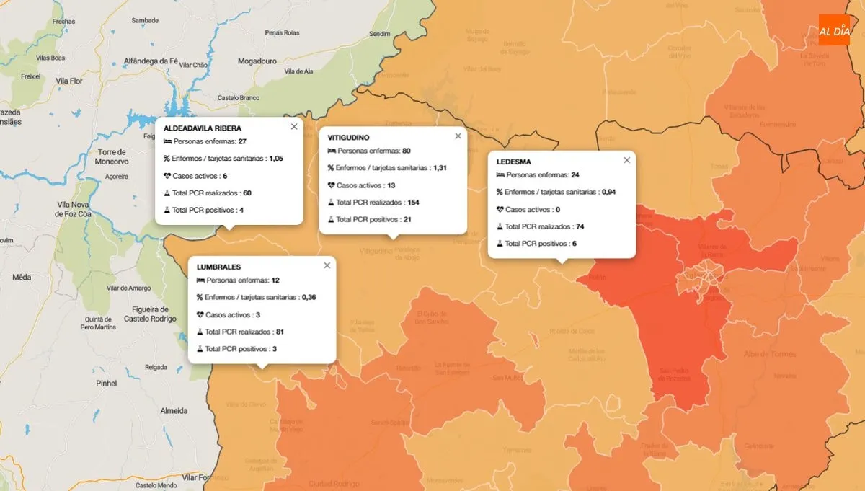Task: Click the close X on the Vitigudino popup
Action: pyautogui.click(x=458, y=136)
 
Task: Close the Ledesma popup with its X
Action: pyautogui.click(x=626, y=160)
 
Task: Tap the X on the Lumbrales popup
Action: pyautogui.click(x=327, y=265)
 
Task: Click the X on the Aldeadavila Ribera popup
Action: pyautogui.click(x=293, y=126)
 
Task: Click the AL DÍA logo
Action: pyautogui.click(x=834, y=30)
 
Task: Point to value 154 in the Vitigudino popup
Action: pyautogui.click(x=413, y=203)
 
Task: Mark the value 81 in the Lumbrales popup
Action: pyautogui.click(x=281, y=332)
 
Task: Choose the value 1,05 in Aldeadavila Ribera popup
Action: pyautogui.click(x=276, y=159)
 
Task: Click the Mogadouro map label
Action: pyautogui.click(x=257, y=61)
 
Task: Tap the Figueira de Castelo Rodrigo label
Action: pyautogui.click(x=150, y=314)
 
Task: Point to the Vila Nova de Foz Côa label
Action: pyautogui.click(x=84, y=209)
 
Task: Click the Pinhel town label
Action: pyautogui.click(x=106, y=384)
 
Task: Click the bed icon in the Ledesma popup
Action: pyautogui.click(x=500, y=175)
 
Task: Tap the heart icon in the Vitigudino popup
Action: pyautogui.click(x=332, y=185)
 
